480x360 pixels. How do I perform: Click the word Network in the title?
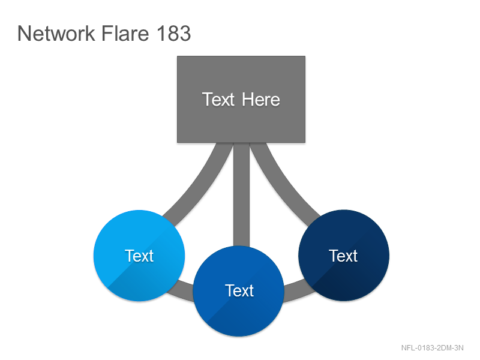tap(56, 33)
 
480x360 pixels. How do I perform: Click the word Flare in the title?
tap(125, 33)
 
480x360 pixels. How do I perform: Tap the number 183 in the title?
tap(174, 33)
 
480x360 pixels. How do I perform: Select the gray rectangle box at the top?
tap(241, 99)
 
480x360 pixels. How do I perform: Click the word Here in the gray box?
tap(261, 100)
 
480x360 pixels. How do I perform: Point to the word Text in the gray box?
tap(218, 100)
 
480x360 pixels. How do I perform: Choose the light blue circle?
tap(139, 256)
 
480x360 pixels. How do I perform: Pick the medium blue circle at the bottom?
tap(239, 291)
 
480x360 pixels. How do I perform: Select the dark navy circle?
tap(344, 256)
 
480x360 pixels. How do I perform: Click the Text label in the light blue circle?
tap(139, 256)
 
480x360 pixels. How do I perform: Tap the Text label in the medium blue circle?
tap(239, 290)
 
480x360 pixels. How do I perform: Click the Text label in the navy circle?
tap(343, 256)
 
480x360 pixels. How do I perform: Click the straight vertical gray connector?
tap(241, 194)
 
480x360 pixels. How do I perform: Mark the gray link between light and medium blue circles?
tap(181, 289)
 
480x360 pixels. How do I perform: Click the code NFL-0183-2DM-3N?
tap(432, 348)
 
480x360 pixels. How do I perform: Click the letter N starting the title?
tap(23, 34)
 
